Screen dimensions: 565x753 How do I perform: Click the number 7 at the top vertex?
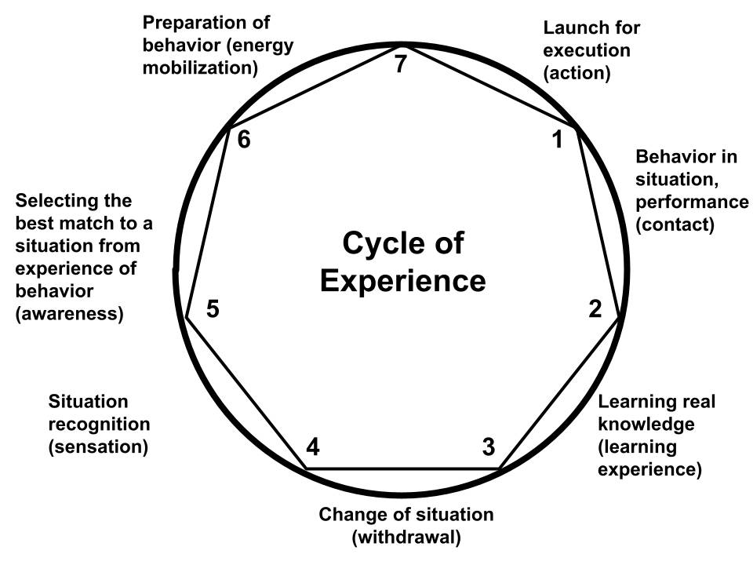click(x=401, y=64)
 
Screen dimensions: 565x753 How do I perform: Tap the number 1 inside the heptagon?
click(x=558, y=141)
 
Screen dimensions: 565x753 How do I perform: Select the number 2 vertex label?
click(x=595, y=309)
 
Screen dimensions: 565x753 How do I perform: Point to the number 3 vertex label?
click(x=488, y=448)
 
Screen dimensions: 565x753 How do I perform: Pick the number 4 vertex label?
click(x=313, y=448)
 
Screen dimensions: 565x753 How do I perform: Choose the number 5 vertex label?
click(x=212, y=309)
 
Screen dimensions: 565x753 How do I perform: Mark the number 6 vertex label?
click(x=243, y=142)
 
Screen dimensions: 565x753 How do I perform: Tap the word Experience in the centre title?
click(x=402, y=280)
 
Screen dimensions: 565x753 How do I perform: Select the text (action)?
click(x=577, y=74)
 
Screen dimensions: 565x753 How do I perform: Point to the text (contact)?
click(x=675, y=225)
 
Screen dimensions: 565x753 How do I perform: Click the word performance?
click(x=692, y=202)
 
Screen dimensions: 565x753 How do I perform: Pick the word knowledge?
click(x=646, y=425)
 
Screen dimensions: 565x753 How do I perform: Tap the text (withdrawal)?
click(x=406, y=538)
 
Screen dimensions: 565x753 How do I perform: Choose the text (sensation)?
click(x=99, y=447)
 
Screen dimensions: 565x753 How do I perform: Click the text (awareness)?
click(x=69, y=314)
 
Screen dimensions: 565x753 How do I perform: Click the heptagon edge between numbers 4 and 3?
click(x=402, y=469)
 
